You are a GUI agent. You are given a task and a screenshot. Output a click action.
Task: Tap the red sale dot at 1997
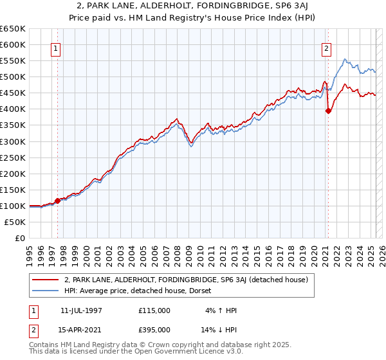click(x=57, y=201)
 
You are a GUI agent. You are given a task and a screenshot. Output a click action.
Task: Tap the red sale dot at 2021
click(x=328, y=111)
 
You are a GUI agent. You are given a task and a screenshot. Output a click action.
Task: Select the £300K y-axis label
click(x=13, y=141)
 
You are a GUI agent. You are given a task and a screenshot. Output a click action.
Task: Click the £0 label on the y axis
click(x=20, y=238)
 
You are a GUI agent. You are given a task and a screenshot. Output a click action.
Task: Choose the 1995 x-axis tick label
click(x=30, y=251)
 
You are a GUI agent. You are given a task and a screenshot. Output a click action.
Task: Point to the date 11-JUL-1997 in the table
click(x=82, y=310)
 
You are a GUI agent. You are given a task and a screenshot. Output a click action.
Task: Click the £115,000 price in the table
click(x=154, y=310)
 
